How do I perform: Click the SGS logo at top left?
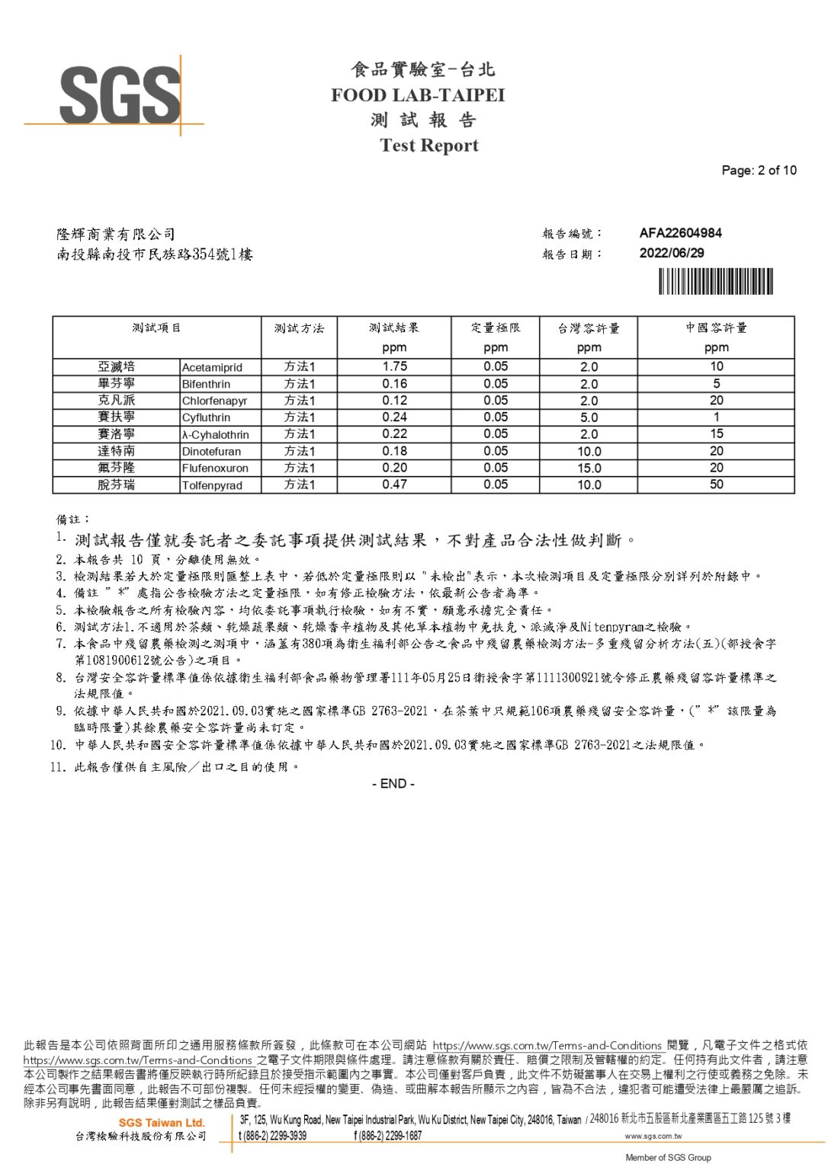point(118,95)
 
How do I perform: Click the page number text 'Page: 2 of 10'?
point(759,171)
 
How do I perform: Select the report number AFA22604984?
point(680,233)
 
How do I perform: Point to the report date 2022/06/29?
point(672,253)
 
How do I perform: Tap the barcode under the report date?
point(716,282)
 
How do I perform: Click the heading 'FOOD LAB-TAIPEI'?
point(418,95)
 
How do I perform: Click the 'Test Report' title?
point(429,145)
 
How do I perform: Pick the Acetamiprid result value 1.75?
point(394,366)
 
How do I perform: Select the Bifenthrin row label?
point(206,384)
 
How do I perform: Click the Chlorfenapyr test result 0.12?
point(394,401)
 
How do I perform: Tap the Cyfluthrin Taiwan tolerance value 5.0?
point(589,417)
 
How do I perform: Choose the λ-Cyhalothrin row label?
point(215,434)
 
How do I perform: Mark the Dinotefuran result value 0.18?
point(394,451)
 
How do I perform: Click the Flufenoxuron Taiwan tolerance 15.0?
point(589,468)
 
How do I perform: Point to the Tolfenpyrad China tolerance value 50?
point(716,484)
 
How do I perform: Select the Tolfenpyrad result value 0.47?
point(394,484)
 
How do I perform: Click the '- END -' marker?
point(393,784)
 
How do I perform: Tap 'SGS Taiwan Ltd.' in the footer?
point(162,1123)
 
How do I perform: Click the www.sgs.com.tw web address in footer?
point(653,1136)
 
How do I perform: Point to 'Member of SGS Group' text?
point(668,1158)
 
